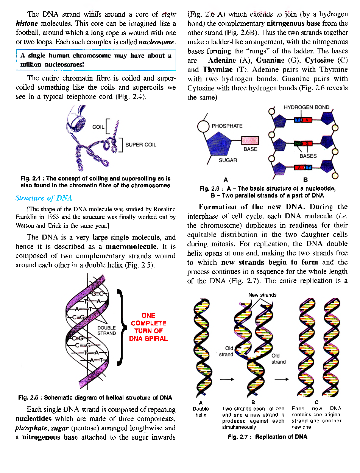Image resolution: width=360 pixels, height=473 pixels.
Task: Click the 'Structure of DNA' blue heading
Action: [44, 198]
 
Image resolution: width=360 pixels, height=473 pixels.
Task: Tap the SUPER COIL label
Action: [140, 145]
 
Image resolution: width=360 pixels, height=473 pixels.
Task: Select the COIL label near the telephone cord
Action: [98, 127]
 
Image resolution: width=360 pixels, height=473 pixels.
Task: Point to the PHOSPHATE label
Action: [227, 126]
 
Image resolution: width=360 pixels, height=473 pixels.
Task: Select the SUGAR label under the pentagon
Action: [228, 160]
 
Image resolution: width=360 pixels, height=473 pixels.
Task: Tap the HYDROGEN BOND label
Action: [306, 107]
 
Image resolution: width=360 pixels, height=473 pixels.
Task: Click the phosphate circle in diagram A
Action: [203, 126]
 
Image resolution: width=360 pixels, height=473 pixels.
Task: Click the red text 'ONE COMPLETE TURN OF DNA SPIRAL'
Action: [148, 327]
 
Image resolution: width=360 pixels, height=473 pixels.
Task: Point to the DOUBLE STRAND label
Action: [106, 331]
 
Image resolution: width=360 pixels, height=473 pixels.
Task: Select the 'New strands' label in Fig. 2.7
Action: [262, 295]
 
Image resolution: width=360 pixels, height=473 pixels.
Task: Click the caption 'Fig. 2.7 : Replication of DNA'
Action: [267, 437]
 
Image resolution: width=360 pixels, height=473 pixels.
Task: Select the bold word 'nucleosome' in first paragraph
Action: [157, 42]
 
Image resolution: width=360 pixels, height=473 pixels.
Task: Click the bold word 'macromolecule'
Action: [131, 247]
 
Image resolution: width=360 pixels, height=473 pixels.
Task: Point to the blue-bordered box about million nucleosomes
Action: [96, 60]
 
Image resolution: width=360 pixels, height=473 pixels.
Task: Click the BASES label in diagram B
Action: [308, 156]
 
